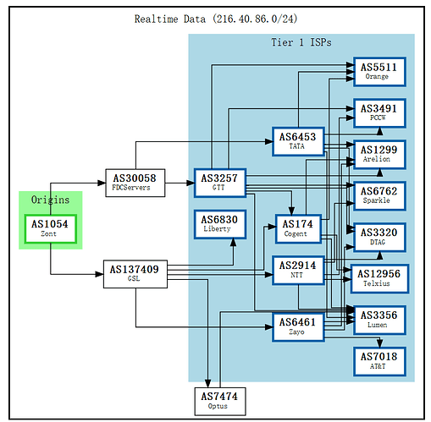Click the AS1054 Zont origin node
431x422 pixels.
[49, 228]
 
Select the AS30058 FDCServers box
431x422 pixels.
[135, 182]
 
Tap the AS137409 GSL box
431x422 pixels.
[134, 273]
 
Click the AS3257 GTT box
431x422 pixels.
[220, 182]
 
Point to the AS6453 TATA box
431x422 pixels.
[297, 140]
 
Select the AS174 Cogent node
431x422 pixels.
[297, 228]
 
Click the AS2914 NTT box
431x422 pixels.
[297, 269]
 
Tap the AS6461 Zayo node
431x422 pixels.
[297, 326]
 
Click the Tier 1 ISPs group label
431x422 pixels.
[301, 42]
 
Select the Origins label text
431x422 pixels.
[50, 200]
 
